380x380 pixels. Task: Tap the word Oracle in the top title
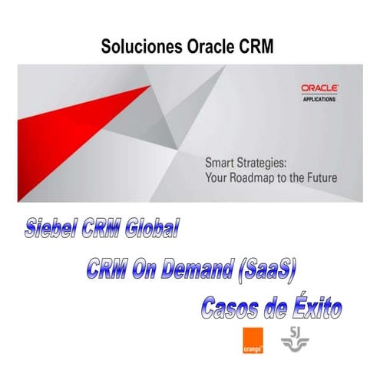click(x=211, y=47)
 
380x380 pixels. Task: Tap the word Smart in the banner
click(x=220, y=163)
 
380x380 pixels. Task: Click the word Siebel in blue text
click(x=54, y=228)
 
